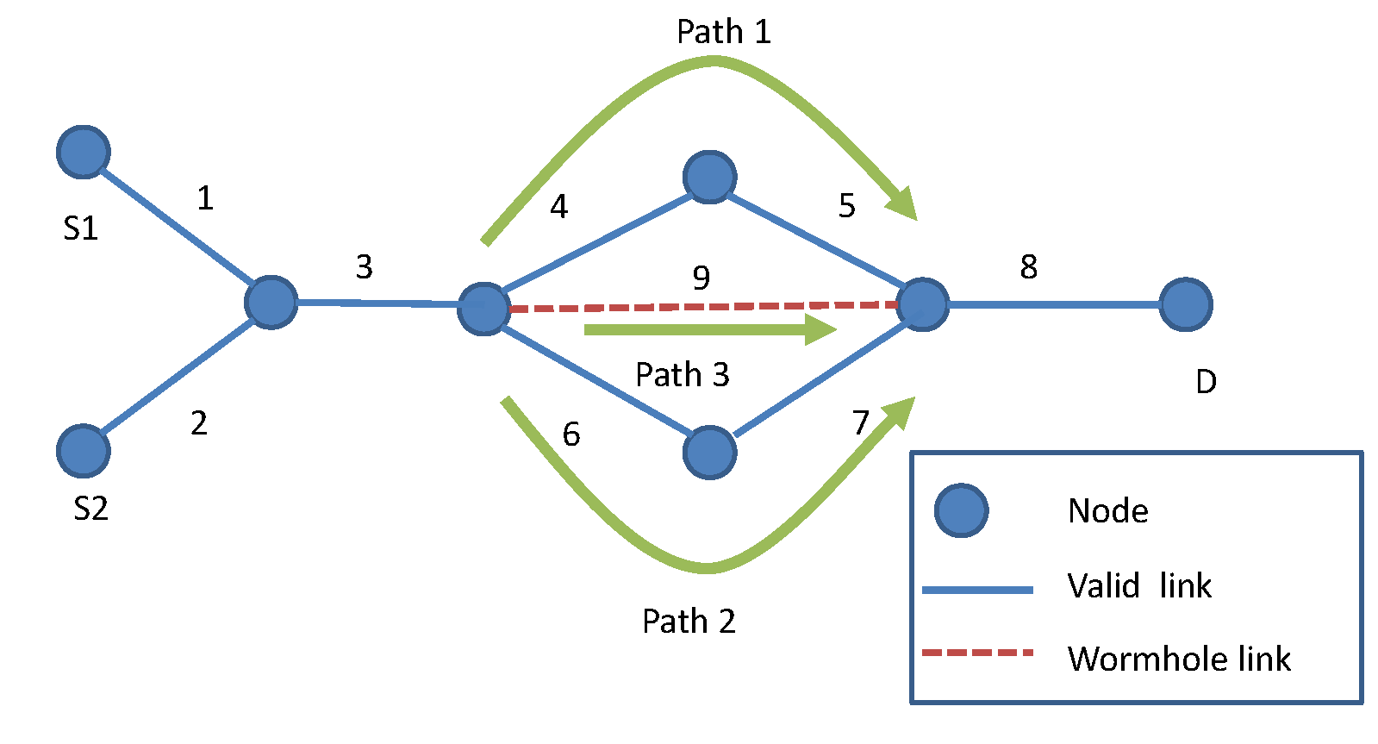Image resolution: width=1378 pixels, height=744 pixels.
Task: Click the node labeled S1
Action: click(83, 153)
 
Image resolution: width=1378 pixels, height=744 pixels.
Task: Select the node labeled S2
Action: click(83, 451)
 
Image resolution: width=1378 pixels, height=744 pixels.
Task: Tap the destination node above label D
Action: click(1186, 304)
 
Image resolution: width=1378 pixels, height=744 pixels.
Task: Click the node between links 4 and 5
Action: click(709, 178)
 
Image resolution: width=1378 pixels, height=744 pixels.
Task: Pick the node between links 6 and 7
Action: click(709, 452)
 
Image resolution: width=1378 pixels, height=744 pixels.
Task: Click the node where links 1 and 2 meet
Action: click(271, 303)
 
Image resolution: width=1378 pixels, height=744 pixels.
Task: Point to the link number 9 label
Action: click(701, 278)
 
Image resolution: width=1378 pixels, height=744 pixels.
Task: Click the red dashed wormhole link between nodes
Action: click(702, 306)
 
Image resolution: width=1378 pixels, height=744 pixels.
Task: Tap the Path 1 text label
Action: click(723, 32)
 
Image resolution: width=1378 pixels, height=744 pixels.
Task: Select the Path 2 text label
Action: click(689, 622)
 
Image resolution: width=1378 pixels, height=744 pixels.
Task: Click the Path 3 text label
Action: click(682, 375)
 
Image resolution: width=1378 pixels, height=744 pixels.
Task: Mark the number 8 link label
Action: click(1028, 267)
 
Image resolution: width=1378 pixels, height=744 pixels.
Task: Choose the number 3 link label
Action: click(364, 267)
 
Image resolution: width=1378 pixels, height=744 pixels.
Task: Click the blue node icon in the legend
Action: click(961, 510)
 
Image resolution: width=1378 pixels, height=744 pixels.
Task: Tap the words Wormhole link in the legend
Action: click(1178, 660)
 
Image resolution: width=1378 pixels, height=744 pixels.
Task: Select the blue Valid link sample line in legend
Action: click(977, 591)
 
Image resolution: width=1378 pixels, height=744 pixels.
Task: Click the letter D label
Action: click(1206, 382)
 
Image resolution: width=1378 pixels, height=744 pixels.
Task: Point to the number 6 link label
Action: click(571, 435)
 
